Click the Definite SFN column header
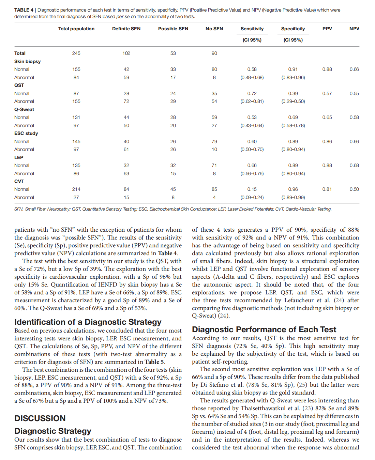[x=126, y=29]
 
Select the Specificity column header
[x=293, y=29]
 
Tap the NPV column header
[x=354, y=29]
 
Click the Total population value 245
[x=76, y=53]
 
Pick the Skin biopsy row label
[x=27, y=61]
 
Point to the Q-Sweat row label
[x=24, y=109]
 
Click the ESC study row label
[x=26, y=133]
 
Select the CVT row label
[x=19, y=181]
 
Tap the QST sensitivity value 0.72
[x=252, y=93]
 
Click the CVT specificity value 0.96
[x=293, y=189]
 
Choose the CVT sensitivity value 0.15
[x=252, y=189]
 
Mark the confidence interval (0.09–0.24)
[x=252, y=197]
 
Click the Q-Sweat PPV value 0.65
[x=327, y=117]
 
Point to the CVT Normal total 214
[x=76, y=189]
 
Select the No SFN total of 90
[x=214, y=53]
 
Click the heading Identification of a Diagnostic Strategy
[x=88, y=322]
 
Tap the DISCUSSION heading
[x=40, y=418]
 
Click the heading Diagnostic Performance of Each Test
[x=264, y=329]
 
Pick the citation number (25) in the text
[x=302, y=385]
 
